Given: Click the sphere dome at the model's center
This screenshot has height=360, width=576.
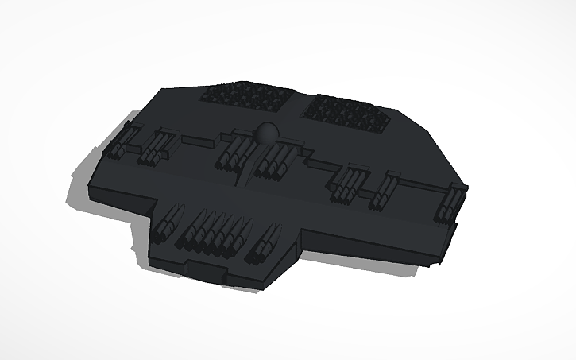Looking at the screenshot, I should point(266,133).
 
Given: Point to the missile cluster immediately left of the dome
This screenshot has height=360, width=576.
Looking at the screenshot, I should point(232,153).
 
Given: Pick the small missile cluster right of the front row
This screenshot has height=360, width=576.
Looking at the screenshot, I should point(264,242).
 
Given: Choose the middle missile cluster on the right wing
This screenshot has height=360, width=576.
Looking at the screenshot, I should point(386,189).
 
